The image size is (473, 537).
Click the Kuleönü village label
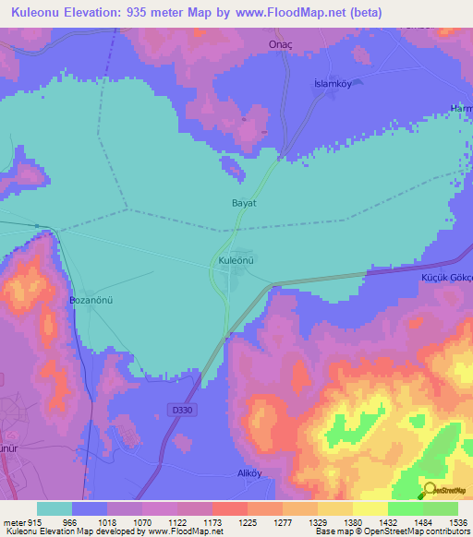click(x=236, y=262)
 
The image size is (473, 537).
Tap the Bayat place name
click(x=243, y=201)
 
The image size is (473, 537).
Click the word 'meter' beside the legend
click(x=12, y=521)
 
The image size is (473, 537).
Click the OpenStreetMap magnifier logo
click(x=430, y=491)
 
